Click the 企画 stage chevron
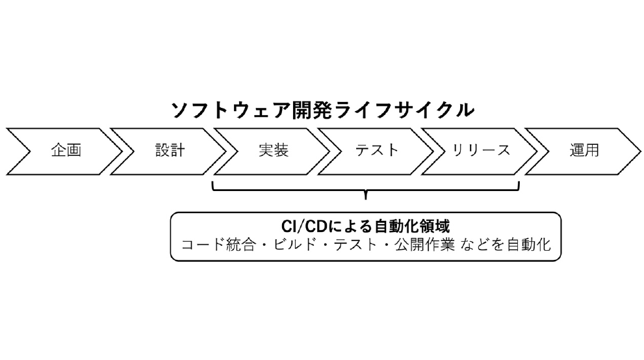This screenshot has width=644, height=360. pos(66,150)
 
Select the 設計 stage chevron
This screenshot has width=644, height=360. pos(170,150)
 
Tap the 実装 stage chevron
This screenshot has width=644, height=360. pos(273,150)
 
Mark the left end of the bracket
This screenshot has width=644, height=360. pos(213,185)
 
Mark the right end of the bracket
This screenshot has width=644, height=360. pos(519,185)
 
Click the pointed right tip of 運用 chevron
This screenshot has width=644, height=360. pos(639,150)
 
